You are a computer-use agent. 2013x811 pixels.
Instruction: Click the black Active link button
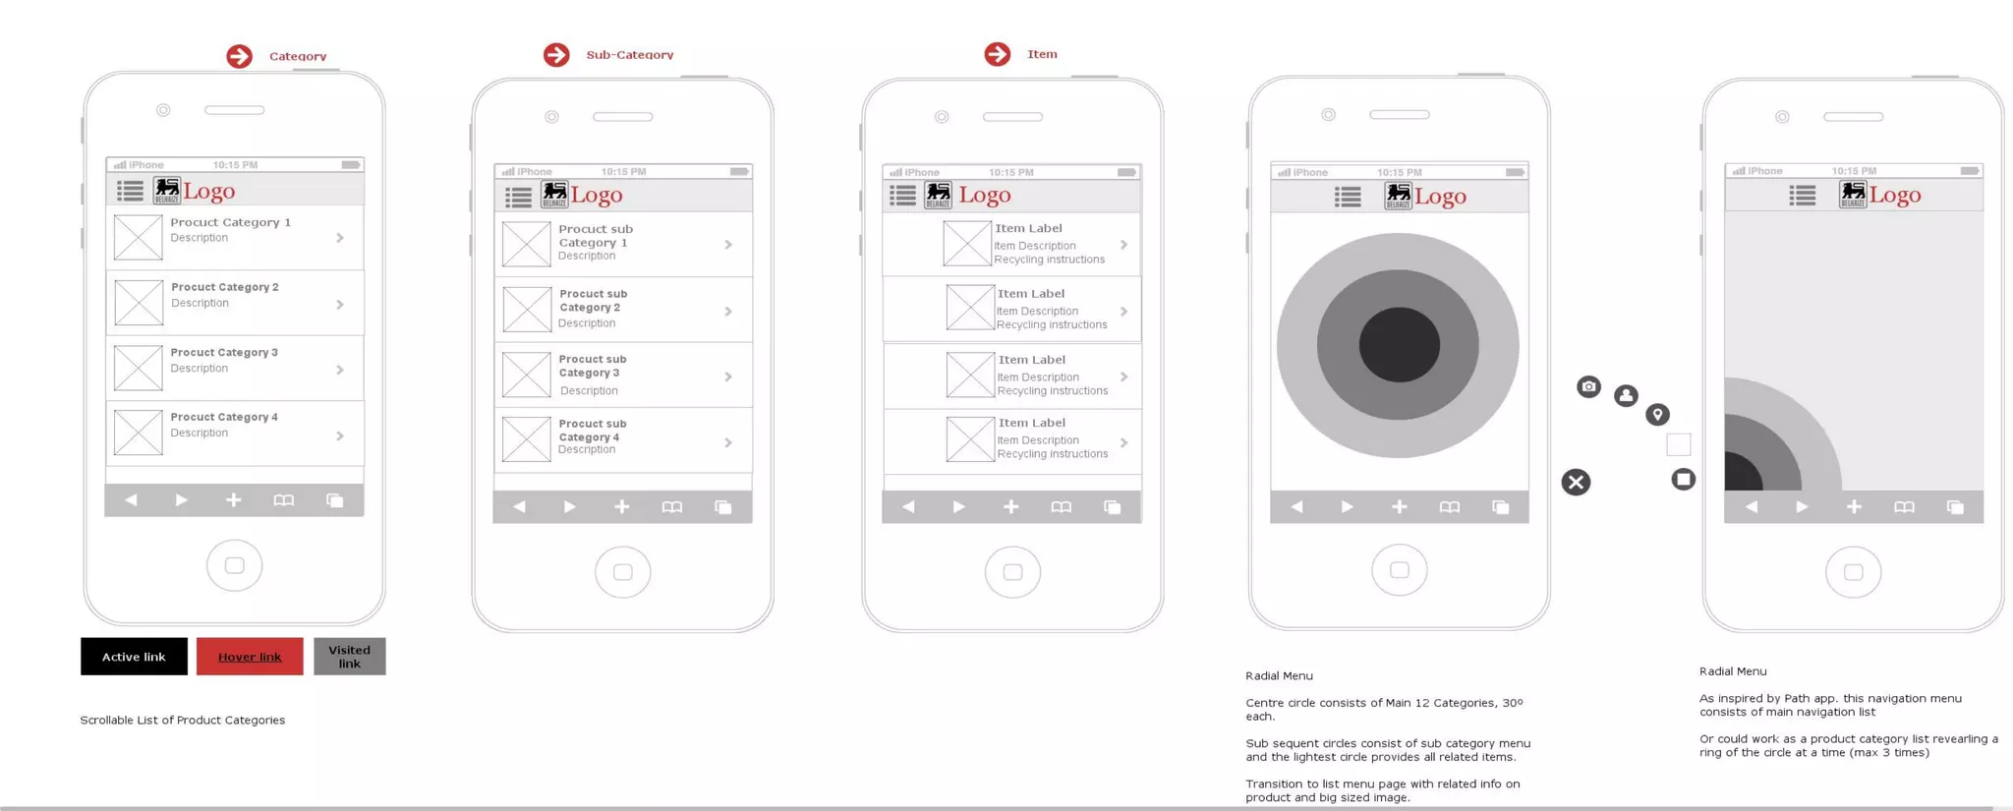click(134, 657)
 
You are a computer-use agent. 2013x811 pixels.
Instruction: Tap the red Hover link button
click(250, 657)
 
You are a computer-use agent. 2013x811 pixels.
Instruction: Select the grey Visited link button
click(349, 657)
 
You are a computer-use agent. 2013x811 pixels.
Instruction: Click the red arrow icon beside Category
click(239, 56)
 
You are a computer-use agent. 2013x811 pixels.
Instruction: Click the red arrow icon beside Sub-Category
click(556, 55)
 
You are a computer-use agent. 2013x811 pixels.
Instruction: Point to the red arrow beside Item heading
click(997, 54)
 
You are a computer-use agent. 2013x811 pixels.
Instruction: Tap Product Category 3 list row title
click(224, 352)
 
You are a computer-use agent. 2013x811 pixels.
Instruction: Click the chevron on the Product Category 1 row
click(340, 238)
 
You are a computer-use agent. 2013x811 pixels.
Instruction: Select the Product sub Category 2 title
click(593, 300)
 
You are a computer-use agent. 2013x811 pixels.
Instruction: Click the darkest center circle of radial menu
click(1399, 345)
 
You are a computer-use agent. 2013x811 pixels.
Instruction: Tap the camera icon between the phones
click(1588, 386)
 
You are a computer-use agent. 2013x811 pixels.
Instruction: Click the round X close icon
click(1576, 482)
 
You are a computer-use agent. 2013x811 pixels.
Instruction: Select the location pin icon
click(1657, 414)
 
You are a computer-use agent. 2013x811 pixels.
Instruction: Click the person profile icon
click(1626, 395)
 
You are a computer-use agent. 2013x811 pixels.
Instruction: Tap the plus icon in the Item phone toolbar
click(1010, 506)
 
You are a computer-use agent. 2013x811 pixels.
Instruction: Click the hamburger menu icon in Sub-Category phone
click(518, 197)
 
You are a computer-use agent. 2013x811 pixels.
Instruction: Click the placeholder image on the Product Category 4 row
click(138, 432)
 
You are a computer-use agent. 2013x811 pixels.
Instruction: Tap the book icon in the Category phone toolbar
click(283, 500)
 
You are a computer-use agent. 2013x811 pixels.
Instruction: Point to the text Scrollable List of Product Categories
click(183, 720)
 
